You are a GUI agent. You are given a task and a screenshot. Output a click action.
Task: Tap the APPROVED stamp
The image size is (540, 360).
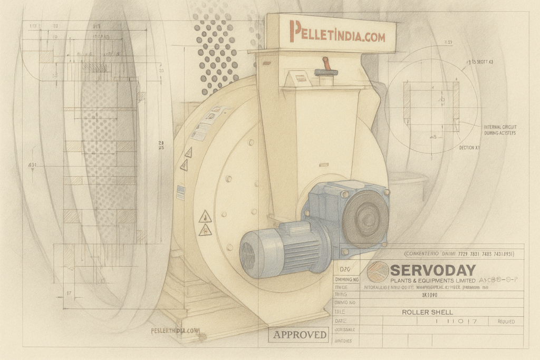point(300,335)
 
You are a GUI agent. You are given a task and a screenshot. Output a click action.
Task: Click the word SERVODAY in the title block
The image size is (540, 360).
point(433,270)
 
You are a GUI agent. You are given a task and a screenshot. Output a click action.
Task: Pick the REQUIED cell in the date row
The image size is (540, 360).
point(505,321)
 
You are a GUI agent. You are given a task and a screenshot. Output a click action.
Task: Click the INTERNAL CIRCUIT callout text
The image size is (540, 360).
point(499,128)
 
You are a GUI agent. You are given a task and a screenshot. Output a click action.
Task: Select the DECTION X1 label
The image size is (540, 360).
point(469,148)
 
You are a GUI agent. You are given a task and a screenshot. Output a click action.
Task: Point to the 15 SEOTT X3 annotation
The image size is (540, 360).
point(479,62)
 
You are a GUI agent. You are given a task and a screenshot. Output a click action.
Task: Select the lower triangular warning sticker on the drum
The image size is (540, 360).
point(205,230)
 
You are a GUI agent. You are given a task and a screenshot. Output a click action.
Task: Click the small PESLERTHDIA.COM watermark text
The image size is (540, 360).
point(176,330)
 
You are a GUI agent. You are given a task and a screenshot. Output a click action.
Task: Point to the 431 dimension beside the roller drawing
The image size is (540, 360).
point(33,165)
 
